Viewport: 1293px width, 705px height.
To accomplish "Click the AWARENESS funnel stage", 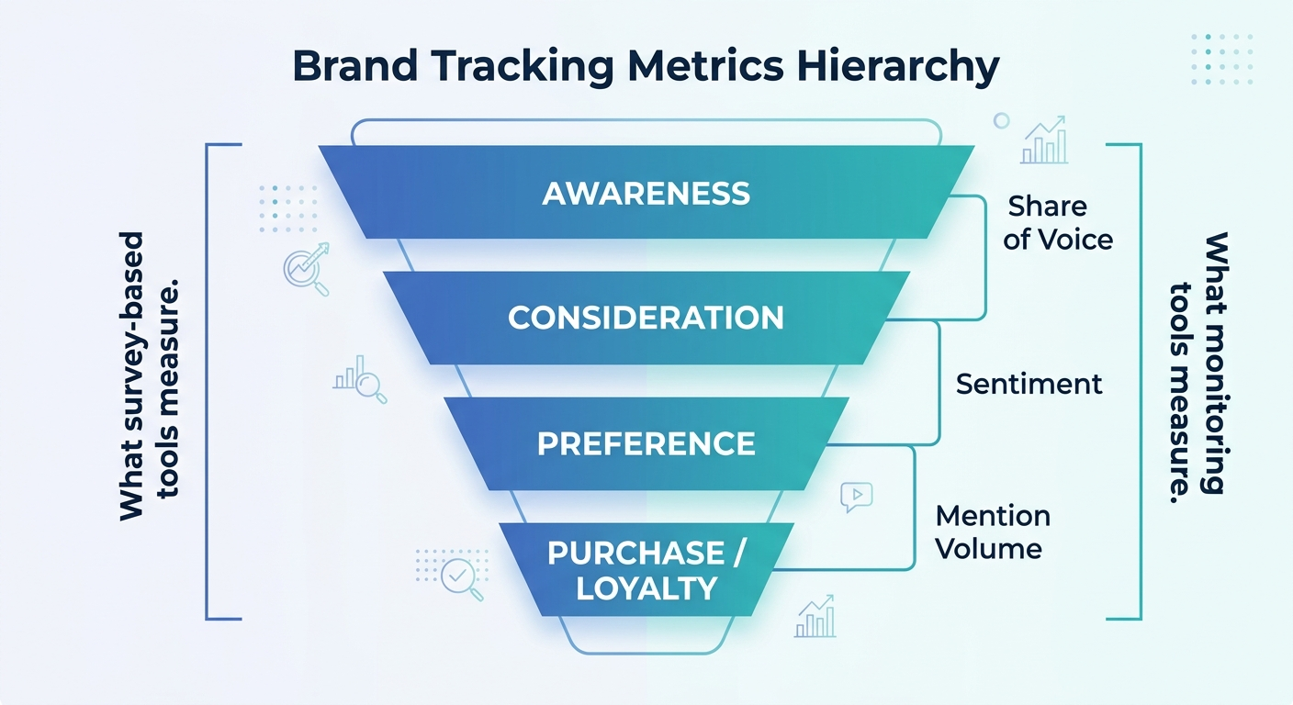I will click(x=646, y=193).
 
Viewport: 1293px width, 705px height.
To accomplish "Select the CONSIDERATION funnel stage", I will click(x=646, y=318).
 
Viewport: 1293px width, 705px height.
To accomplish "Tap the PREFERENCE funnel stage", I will click(x=646, y=443).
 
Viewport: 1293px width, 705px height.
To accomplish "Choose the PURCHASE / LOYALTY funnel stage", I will click(x=646, y=570).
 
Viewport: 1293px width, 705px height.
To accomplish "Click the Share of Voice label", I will click(x=1057, y=222).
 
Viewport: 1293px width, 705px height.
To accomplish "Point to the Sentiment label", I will click(x=1029, y=384).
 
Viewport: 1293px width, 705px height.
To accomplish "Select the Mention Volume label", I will click(x=992, y=532).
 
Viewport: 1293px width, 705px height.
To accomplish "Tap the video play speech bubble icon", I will click(x=856, y=497).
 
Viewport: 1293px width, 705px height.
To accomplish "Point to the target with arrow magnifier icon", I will click(x=307, y=268).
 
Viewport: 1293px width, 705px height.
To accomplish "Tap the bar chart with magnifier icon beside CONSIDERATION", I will click(x=359, y=379).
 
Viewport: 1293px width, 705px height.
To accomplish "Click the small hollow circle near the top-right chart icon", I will click(x=1001, y=120).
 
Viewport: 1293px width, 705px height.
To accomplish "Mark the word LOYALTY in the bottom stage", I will click(x=646, y=588).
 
